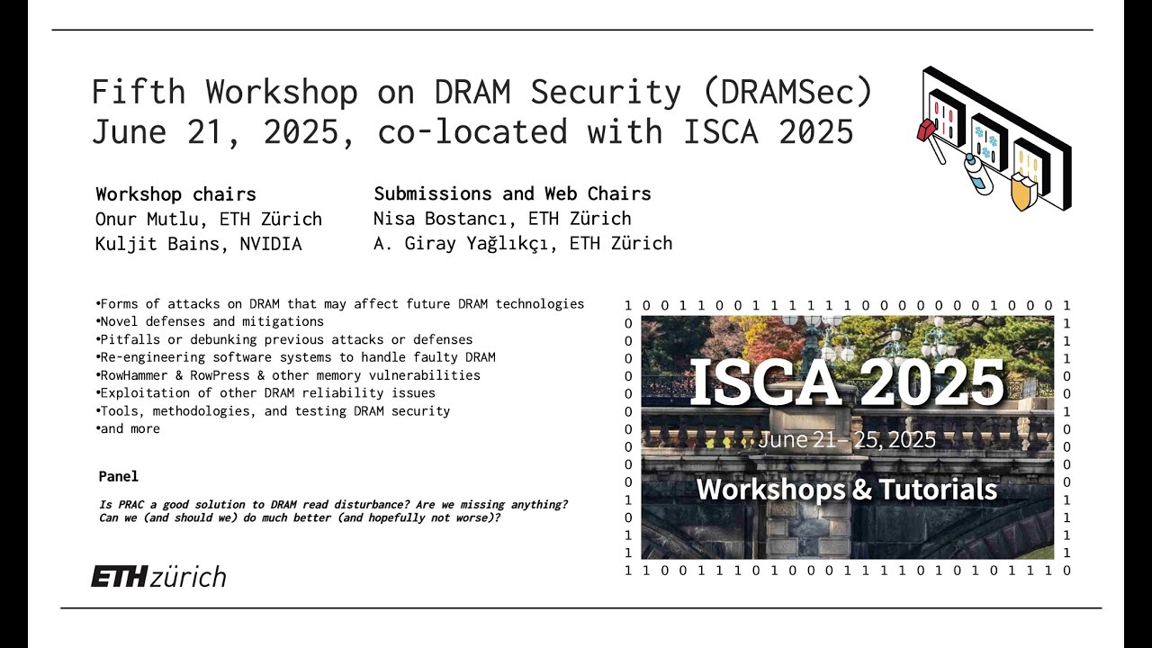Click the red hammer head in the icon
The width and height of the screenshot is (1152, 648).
[x=926, y=130]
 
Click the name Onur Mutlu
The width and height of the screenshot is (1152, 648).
[x=139, y=219]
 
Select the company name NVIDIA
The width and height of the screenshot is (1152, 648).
[x=271, y=244]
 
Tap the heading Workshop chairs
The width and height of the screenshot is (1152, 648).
[x=175, y=194]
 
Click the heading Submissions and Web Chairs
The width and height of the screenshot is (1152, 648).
[x=512, y=193]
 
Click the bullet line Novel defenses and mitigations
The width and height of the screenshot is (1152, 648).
[x=211, y=321]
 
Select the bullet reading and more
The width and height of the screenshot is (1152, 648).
[x=130, y=429]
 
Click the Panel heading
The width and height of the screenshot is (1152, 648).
[x=119, y=476]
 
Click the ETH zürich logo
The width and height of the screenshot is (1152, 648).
[x=158, y=577]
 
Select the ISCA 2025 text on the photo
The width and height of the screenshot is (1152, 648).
[x=846, y=382]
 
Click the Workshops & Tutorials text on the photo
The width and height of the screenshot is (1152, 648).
[x=846, y=489]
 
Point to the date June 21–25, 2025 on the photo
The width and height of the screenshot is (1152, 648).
[x=846, y=440]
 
